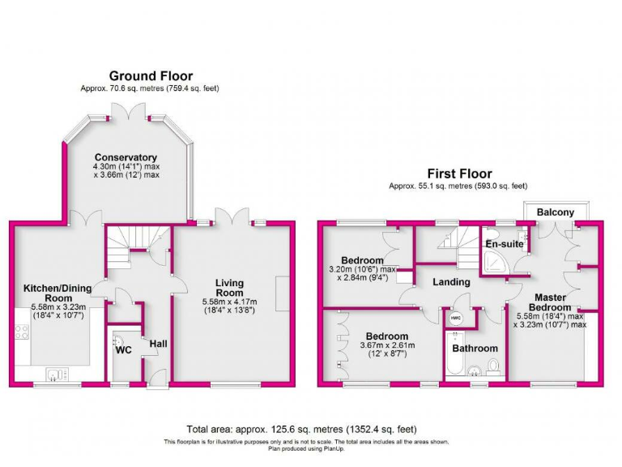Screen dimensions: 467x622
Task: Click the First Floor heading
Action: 459,174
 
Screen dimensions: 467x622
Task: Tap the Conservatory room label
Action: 125,157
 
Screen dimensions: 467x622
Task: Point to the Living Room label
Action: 229,288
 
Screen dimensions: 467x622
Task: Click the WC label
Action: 124,350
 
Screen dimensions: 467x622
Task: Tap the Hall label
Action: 159,345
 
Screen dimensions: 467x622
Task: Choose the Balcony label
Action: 556,212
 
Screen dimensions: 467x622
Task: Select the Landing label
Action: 451,282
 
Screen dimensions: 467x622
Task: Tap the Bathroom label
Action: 475,349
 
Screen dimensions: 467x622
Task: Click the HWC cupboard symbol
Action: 455,319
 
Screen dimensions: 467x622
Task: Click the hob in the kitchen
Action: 23,332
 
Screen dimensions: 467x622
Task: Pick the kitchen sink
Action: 56,374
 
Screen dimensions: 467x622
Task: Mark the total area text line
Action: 301,429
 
